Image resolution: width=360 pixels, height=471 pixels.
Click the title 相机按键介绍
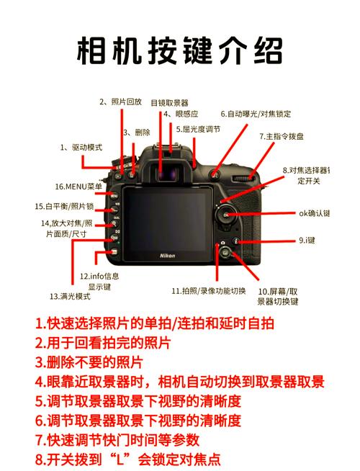[180, 52]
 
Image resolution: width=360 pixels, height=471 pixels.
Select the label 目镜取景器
[169, 102]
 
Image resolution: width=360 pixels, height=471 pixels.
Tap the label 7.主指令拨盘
[282, 135]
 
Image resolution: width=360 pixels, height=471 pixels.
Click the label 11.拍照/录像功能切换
[208, 291]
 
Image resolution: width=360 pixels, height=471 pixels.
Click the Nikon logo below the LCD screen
[167, 256]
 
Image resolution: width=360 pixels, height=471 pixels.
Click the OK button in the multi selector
[227, 215]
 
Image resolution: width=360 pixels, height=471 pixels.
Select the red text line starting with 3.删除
[89, 362]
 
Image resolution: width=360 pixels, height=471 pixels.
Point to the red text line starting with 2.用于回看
[103, 342]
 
